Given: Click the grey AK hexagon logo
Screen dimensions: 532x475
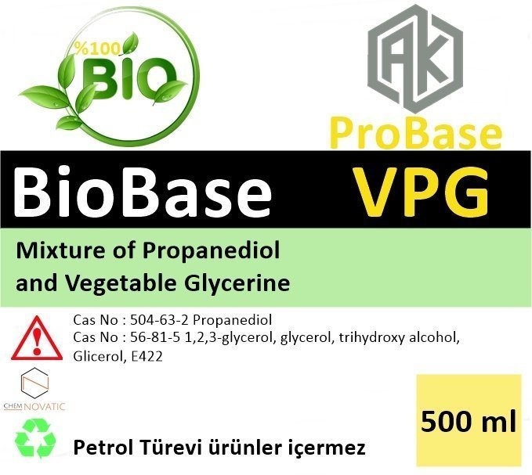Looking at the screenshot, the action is (415, 58).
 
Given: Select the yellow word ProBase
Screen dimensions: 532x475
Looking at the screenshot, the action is (415, 134).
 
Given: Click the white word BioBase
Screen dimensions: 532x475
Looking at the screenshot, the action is (143, 191).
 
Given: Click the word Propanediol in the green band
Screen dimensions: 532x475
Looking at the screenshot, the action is (211, 251).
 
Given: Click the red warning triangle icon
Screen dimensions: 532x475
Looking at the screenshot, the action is (37, 338).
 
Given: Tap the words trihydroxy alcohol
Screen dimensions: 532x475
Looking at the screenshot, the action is (399, 339).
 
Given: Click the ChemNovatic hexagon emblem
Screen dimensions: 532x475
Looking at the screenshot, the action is (35, 383).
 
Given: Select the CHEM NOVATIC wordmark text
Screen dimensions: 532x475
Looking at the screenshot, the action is (34, 406).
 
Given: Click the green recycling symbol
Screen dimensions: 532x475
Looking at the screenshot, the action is (35, 438).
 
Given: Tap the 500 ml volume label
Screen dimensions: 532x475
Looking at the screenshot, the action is (469, 421).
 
